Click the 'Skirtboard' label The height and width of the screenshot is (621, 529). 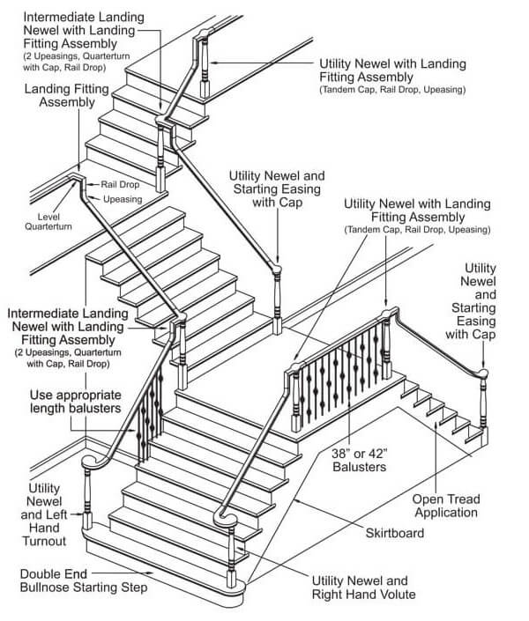[396, 534]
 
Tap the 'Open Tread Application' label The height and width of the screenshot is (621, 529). [446, 506]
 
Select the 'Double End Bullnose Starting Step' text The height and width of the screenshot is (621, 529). [84, 580]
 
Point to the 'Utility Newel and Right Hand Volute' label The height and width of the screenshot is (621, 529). [361, 588]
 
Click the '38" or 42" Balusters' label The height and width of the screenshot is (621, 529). [359, 460]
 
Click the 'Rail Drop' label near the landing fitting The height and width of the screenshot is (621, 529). [118, 185]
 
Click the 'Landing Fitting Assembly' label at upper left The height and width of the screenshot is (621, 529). [66, 95]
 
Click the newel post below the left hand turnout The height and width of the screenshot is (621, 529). [87, 498]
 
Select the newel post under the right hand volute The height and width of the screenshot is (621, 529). [231, 550]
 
